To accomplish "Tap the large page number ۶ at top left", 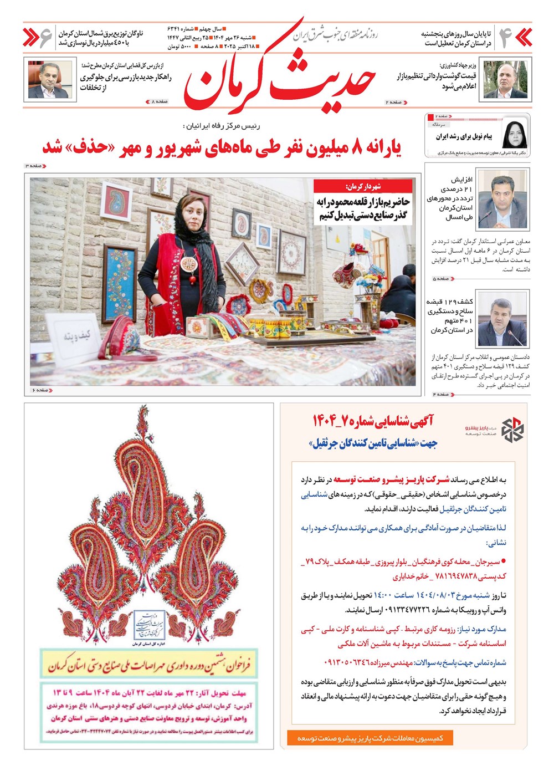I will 47,37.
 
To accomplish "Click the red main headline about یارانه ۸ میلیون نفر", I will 222,148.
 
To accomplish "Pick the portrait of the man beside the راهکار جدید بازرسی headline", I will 50,79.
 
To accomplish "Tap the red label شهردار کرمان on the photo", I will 363,187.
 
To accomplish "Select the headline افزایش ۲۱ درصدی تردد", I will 450,198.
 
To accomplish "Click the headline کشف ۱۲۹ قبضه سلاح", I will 450,316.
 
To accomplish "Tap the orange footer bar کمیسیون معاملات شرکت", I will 370,738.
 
